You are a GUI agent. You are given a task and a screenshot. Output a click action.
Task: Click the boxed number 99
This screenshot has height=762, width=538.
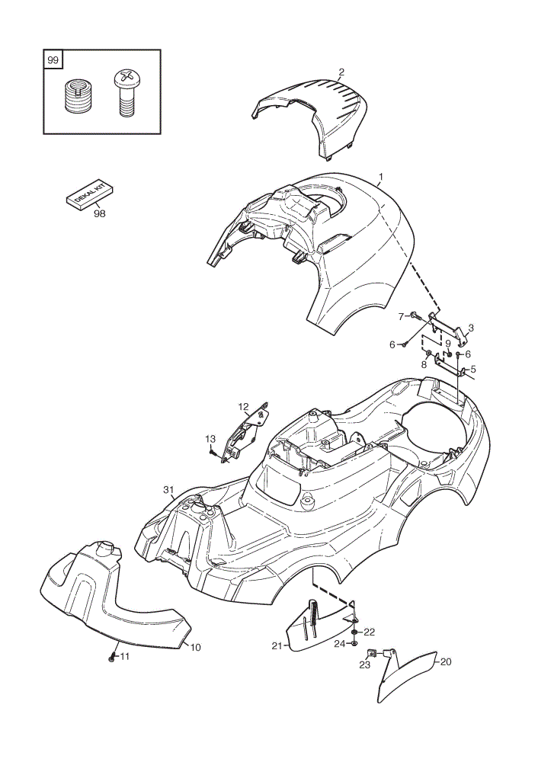pos(53,60)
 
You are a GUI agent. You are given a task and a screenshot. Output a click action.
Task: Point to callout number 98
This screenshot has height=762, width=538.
pos(99,213)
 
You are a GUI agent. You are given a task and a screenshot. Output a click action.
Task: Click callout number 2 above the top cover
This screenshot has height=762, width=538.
pos(341,72)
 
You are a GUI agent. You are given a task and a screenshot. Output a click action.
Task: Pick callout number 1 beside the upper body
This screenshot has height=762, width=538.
pos(381,177)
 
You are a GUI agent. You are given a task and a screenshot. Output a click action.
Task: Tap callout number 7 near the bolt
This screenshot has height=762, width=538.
pos(401,316)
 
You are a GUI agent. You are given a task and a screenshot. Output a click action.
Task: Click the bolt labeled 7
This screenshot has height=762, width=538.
pos(415,316)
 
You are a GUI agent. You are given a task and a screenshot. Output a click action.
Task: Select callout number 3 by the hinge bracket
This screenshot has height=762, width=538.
pos(470,328)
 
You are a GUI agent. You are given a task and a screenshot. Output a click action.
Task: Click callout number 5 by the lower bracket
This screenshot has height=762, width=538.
pos(473,370)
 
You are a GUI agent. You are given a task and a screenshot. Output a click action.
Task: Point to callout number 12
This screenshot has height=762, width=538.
pos(243,406)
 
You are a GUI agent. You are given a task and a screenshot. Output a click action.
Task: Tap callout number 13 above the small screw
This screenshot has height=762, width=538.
pos(210,439)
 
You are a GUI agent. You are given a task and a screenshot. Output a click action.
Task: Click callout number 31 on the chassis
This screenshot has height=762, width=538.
pos(168,490)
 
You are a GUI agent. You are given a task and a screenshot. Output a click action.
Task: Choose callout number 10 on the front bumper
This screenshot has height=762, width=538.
pos(195,647)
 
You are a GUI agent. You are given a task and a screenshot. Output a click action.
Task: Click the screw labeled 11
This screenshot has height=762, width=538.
pos(112,658)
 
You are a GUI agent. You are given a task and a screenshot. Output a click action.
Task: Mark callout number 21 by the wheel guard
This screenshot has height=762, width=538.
pos(277,646)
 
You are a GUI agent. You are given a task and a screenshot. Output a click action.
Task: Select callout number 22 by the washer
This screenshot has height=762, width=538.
pos(370,632)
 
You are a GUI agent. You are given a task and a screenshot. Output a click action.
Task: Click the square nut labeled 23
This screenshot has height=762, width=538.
pos(371,654)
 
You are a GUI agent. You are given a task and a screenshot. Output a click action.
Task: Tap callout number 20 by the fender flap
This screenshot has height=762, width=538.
pos(445,661)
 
